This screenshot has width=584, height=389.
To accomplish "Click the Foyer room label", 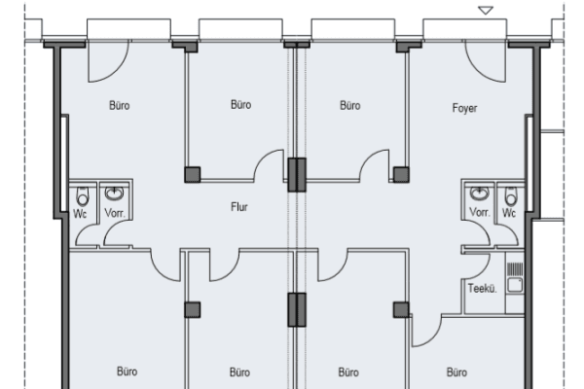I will tap(465, 108).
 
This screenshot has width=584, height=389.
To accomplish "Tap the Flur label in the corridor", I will tap(239, 207).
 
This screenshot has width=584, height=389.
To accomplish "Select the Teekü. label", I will tap(482, 288).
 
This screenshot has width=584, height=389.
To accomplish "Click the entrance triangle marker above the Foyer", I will tap(486, 11).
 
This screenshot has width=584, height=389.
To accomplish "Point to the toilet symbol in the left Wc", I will tap(82, 194).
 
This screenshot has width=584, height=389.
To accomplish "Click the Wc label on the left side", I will tap(82, 213).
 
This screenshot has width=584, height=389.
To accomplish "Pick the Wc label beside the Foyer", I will tap(509, 213).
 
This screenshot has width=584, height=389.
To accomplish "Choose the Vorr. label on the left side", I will tap(114, 213).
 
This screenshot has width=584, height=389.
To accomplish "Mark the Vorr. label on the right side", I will tap(479, 213).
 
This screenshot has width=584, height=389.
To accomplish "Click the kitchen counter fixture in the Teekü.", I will tap(516, 277).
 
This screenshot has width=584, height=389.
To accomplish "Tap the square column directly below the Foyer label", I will tap(400, 174).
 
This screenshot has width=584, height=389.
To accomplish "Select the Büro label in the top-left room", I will tap(121, 104).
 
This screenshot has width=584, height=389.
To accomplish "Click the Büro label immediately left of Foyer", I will tap(349, 104).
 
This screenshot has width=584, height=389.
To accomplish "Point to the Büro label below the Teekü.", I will tap(456, 371).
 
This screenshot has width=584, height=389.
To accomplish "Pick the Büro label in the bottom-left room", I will tap(127, 371).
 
